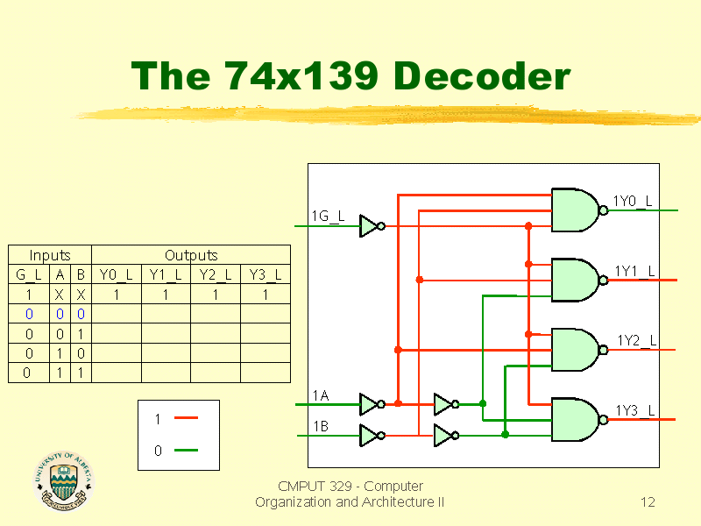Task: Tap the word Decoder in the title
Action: pos(482,75)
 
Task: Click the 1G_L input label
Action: pos(328,217)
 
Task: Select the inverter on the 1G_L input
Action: pos(372,226)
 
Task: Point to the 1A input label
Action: pos(321,396)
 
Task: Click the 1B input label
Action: pos(321,426)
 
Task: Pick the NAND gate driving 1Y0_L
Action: pos(579,210)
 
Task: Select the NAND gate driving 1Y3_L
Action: pos(579,420)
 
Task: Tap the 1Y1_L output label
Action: pos(634,271)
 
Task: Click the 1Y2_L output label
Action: pos(637,341)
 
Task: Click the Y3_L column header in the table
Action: pos(266,274)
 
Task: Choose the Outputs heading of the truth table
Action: pos(191,255)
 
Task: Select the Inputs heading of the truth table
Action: pos(50,255)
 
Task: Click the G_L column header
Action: pos(29,274)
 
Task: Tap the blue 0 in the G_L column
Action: pos(29,314)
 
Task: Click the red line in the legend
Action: pos(186,418)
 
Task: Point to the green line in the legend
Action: pos(186,450)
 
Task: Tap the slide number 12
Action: pos(648,502)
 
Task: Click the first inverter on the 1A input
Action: pos(372,404)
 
